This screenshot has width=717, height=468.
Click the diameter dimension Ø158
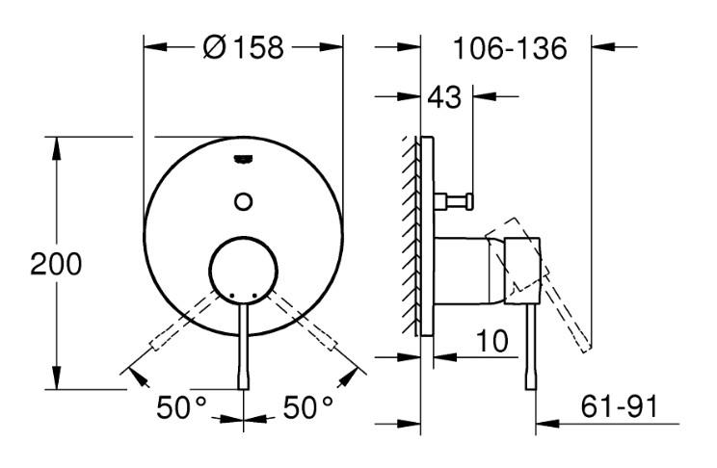tap(243, 46)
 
